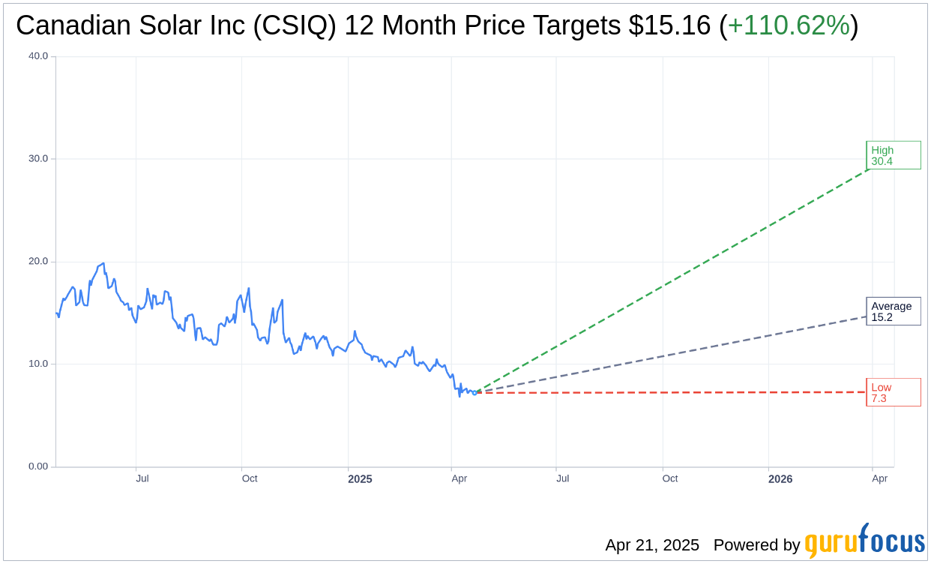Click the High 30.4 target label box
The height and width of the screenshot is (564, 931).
[x=893, y=155]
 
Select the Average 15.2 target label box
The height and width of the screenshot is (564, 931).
[x=893, y=311]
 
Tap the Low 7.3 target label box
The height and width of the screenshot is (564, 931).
[x=893, y=392]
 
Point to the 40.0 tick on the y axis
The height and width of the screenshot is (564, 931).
[x=37, y=56]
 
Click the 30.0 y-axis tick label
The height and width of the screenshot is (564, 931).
[x=37, y=159]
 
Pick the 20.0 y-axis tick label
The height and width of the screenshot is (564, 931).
[x=37, y=262]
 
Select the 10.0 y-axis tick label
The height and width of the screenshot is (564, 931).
[x=37, y=364]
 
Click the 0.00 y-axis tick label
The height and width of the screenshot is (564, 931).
[x=37, y=466]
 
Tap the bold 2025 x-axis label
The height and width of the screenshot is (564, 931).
[x=359, y=478]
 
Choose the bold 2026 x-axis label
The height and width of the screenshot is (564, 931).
[x=780, y=478]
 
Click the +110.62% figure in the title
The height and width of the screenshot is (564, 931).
[x=789, y=25]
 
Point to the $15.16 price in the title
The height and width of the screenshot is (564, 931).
[x=669, y=25]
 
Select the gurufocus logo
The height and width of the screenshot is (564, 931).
[x=864, y=541]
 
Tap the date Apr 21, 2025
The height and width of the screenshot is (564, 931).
[x=652, y=545]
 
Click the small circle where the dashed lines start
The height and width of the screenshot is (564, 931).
[x=474, y=392]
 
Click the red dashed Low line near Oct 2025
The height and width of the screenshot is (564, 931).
[x=669, y=392]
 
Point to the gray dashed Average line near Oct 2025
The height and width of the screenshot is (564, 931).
[x=669, y=355]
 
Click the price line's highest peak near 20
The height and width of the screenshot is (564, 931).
[x=103, y=263]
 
